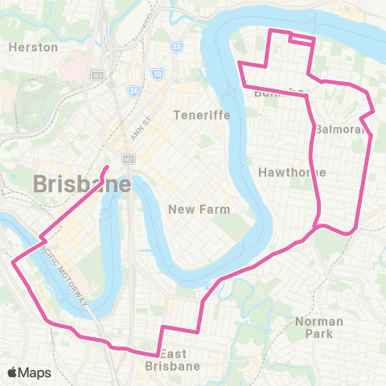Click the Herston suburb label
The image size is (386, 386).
(x=33, y=47)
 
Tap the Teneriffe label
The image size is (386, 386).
(x=202, y=115)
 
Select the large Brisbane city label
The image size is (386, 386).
(x=83, y=184)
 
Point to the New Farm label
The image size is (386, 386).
(x=199, y=209)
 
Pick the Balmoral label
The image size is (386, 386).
(x=341, y=129)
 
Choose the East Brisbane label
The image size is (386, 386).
(x=172, y=359)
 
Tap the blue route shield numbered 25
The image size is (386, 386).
(x=178, y=47)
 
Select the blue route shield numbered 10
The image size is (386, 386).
(x=158, y=74)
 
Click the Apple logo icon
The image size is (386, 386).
(x=13, y=372)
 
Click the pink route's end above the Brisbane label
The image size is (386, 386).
(x=108, y=167)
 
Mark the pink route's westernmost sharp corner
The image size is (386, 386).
(x=13, y=261)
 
